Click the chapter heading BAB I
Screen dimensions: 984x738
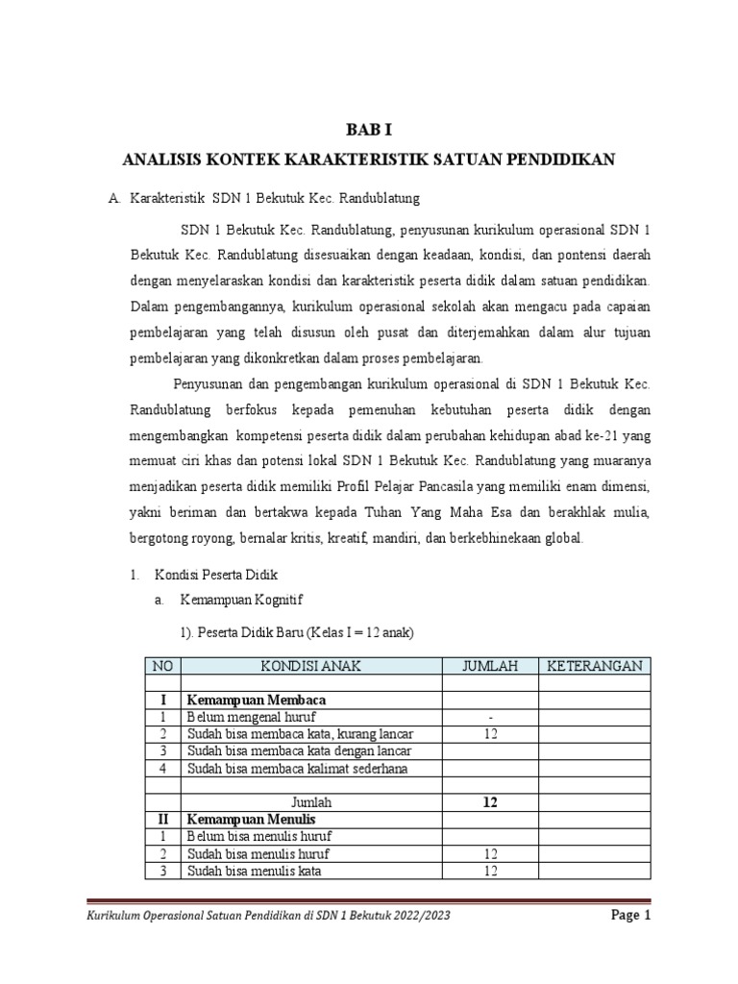coord(369,129)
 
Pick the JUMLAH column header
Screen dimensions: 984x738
coord(489,666)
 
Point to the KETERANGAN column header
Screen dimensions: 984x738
coord(594,666)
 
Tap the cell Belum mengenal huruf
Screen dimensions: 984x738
coord(250,718)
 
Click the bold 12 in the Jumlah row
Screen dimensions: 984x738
coord(491,801)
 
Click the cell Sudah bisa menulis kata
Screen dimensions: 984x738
coord(254,871)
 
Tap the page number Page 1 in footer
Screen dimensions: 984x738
coord(631,915)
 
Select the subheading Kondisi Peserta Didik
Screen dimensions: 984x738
coord(216,575)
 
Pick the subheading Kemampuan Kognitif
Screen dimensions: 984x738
coord(240,601)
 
